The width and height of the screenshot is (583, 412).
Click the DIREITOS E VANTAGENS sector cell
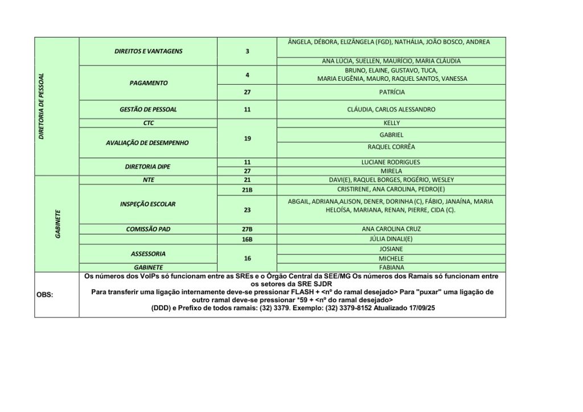click(148, 51)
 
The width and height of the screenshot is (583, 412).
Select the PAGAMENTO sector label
click(148, 83)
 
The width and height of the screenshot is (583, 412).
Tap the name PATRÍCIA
click(392, 92)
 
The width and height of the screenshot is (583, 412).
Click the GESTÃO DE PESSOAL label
click(148, 109)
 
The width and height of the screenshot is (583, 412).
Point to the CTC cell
click(148, 123)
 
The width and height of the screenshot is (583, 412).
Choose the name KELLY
click(392, 123)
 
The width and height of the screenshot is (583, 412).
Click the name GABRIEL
click(392, 135)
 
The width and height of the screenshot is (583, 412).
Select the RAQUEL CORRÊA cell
click(392, 147)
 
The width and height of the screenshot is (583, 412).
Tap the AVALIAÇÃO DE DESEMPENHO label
click(148, 143)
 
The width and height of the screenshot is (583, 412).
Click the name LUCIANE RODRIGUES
click(392, 162)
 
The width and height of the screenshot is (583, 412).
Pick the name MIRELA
click(392, 171)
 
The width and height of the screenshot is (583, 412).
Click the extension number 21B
click(247, 189)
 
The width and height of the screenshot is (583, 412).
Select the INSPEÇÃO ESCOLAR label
click(148, 204)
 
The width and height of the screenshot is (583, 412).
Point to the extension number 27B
click(247, 229)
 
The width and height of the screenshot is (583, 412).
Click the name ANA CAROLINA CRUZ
click(392, 229)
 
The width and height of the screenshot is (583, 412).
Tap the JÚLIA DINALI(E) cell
click(392, 239)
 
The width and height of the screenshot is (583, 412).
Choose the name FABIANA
click(392, 267)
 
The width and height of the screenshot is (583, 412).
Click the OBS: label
click(45, 295)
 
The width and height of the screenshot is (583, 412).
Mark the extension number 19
click(247, 138)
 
